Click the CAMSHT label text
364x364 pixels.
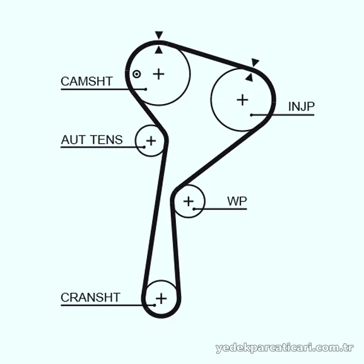click(86, 81)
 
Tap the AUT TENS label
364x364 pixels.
click(91, 140)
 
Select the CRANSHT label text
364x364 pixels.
click(90, 297)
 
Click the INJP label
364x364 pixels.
click(302, 107)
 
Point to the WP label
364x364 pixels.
click(237, 201)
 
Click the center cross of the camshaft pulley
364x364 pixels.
click(159, 74)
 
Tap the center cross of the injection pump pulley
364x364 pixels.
click(242, 100)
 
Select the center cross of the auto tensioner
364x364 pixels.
click(151, 141)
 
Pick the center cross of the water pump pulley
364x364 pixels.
click(189, 201)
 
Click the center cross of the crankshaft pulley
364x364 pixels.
click(161, 298)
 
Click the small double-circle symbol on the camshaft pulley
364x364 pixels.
click(136, 74)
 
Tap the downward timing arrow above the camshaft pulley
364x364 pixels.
click(159, 35)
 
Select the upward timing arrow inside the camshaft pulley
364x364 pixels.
click(158, 50)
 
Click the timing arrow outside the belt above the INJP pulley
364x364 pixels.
click(255, 62)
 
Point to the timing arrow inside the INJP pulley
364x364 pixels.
click(249, 78)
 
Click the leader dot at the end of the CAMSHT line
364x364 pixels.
click(146, 89)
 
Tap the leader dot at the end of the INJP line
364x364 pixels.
click(252, 115)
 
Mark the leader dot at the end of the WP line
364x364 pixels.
click(194, 209)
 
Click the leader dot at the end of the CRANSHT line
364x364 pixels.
click(155, 305)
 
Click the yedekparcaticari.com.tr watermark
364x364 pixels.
click(285, 348)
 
